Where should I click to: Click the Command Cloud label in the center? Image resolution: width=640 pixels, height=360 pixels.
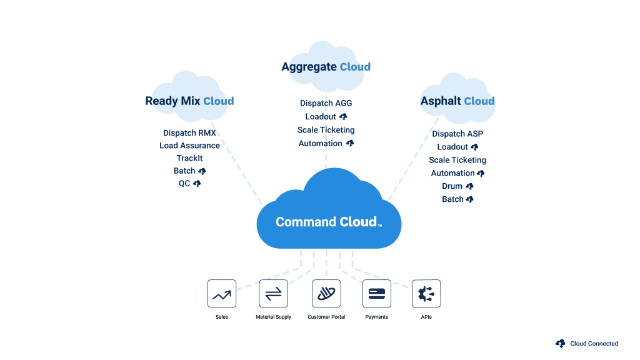click(x=327, y=222)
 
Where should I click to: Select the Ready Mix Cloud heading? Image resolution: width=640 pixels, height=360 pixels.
click(x=189, y=101)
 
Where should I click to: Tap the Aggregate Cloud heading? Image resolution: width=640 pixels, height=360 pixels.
click(x=326, y=67)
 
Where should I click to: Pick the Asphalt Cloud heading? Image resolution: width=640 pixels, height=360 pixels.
click(x=457, y=101)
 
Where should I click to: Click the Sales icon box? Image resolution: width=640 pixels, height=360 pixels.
click(x=222, y=294)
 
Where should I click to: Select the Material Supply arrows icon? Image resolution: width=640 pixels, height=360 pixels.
click(x=274, y=294)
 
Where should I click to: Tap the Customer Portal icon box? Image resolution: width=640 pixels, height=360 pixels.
click(x=326, y=294)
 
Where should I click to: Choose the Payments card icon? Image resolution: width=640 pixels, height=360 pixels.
click(x=376, y=294)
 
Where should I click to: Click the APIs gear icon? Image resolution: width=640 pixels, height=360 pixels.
click(x=426, y=294)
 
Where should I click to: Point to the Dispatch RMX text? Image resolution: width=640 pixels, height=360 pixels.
click(x=189, y=133)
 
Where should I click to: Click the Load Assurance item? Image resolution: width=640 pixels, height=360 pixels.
click(x=189, y=146)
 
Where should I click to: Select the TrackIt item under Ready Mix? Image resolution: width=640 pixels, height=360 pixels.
click(x=189, y=158)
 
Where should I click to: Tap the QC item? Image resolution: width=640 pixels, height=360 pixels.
click(x=184, y=184)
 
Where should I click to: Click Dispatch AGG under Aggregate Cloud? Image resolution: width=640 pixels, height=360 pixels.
click(x=326, y=103)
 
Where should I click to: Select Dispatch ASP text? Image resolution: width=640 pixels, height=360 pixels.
click(x=457, y=134)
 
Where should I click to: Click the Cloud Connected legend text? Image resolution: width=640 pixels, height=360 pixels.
click(x=594, y=344)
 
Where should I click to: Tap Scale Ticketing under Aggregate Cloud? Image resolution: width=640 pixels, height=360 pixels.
click(x=326, y=130)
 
